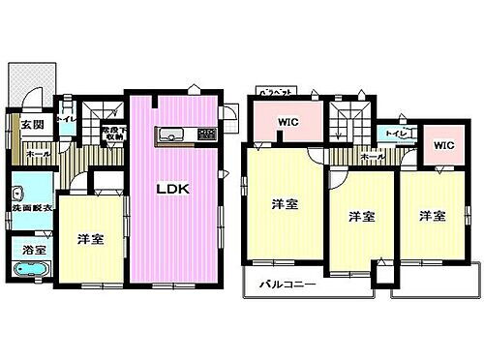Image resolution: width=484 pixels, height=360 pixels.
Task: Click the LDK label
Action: [173, 188]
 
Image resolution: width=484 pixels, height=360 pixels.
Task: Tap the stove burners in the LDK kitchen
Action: [206, 134]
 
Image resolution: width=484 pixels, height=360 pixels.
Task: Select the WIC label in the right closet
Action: [443, 145]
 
